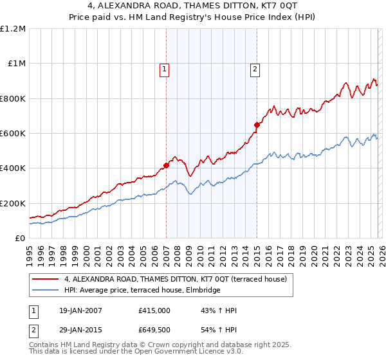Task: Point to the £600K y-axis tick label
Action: point(13,133)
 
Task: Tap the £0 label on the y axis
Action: point(19,238)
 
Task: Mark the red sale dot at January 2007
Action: point(166,165)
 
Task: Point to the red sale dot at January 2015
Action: point(257,125)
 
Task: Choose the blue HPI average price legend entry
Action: point(142,290)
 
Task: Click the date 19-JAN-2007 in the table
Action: point(77,310)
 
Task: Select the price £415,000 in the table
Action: point(154,310)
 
